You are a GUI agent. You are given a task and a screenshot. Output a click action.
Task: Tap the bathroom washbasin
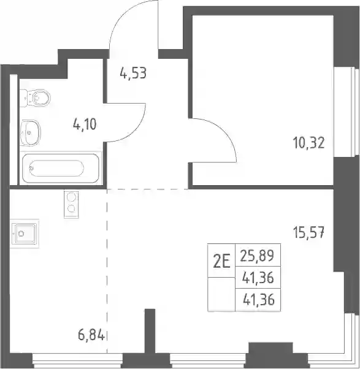point(30,133)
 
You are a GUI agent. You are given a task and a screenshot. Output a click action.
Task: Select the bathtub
point(60,168)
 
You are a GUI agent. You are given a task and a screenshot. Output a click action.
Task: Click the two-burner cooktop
point(71,204)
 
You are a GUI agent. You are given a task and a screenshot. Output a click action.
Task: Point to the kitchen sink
point(25,234)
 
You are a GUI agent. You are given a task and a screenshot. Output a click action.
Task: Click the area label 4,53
point(133,73)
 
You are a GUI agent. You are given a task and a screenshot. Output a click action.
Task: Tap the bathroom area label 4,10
point(85,124)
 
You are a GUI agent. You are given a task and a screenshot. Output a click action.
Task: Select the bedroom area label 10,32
point(309,143)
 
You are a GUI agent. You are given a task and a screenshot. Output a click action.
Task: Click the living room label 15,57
point(309,232)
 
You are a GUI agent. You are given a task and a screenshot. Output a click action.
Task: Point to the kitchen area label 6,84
point(91,335)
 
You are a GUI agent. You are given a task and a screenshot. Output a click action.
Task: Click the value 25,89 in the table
point(258,256)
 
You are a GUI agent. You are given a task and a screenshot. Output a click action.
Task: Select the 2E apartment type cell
point(221,261)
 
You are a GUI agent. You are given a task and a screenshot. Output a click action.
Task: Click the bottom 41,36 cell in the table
point(258,300)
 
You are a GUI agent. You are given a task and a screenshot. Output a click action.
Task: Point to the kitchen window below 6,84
point(77,361)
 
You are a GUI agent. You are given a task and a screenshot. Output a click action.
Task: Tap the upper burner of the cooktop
point(71,197)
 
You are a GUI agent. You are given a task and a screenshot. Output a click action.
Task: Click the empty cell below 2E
point(221,294)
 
